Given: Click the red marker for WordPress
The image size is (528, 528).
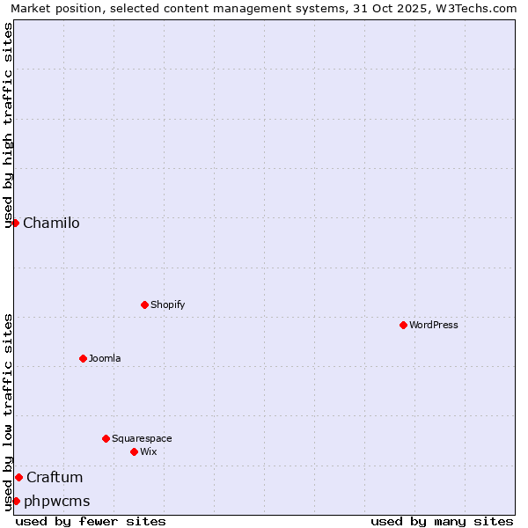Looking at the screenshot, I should [x=403, y=325].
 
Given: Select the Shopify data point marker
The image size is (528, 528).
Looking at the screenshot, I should [x=144, y=304].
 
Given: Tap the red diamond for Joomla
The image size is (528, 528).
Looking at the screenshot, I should [x=83, y=358].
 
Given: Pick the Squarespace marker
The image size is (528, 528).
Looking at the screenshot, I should [x=106, y=438].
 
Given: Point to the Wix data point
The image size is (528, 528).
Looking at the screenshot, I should [x=134, y=451].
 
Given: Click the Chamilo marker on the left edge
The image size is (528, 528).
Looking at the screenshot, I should [x=15, y=223].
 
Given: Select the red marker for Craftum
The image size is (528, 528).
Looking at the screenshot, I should [x=18, y=477].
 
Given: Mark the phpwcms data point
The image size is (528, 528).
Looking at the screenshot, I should [x=16, y=501].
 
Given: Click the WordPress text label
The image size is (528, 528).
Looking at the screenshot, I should [x=434, y=325].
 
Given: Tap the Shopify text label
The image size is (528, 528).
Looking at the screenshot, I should [x=168, y=304].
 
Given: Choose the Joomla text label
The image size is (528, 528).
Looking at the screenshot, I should [x=105, y=358].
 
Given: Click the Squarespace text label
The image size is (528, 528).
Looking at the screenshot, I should [x=142, y=438].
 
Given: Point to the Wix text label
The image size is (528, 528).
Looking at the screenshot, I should [x=149, y=451].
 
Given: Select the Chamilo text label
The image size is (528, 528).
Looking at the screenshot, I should [x=51, y=223].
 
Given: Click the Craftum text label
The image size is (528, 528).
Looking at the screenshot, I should [x=55, y=477].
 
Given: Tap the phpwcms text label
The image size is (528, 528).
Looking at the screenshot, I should [x=57, y=501].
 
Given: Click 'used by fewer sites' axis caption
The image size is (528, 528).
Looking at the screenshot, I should [x=91, y=521].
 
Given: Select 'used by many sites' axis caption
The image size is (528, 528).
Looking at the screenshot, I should [x=442, y=521].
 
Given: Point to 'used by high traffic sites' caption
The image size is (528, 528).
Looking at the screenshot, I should [x=8, y=125].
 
